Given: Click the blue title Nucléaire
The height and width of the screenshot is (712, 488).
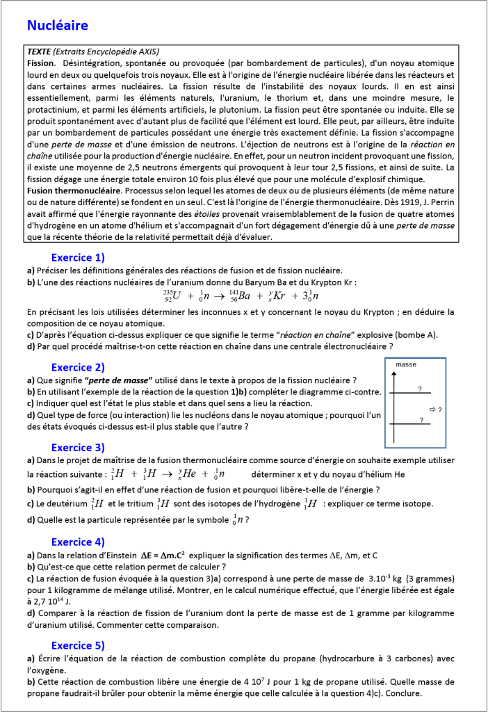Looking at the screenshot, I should tap(58, 26).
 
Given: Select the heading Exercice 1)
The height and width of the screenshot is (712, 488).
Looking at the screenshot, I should tap(78, 257).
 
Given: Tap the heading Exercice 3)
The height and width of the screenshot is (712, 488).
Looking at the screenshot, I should tap(78, 447).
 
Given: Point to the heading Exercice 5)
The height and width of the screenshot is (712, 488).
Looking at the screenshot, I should tap(78, 645).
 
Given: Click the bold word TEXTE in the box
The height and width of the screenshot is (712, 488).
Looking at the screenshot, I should tap(39, 51).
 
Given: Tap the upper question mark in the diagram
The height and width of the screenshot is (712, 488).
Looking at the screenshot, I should tap(419, 388).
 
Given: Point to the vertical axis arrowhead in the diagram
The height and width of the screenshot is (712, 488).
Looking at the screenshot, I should tap(394, 374).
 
